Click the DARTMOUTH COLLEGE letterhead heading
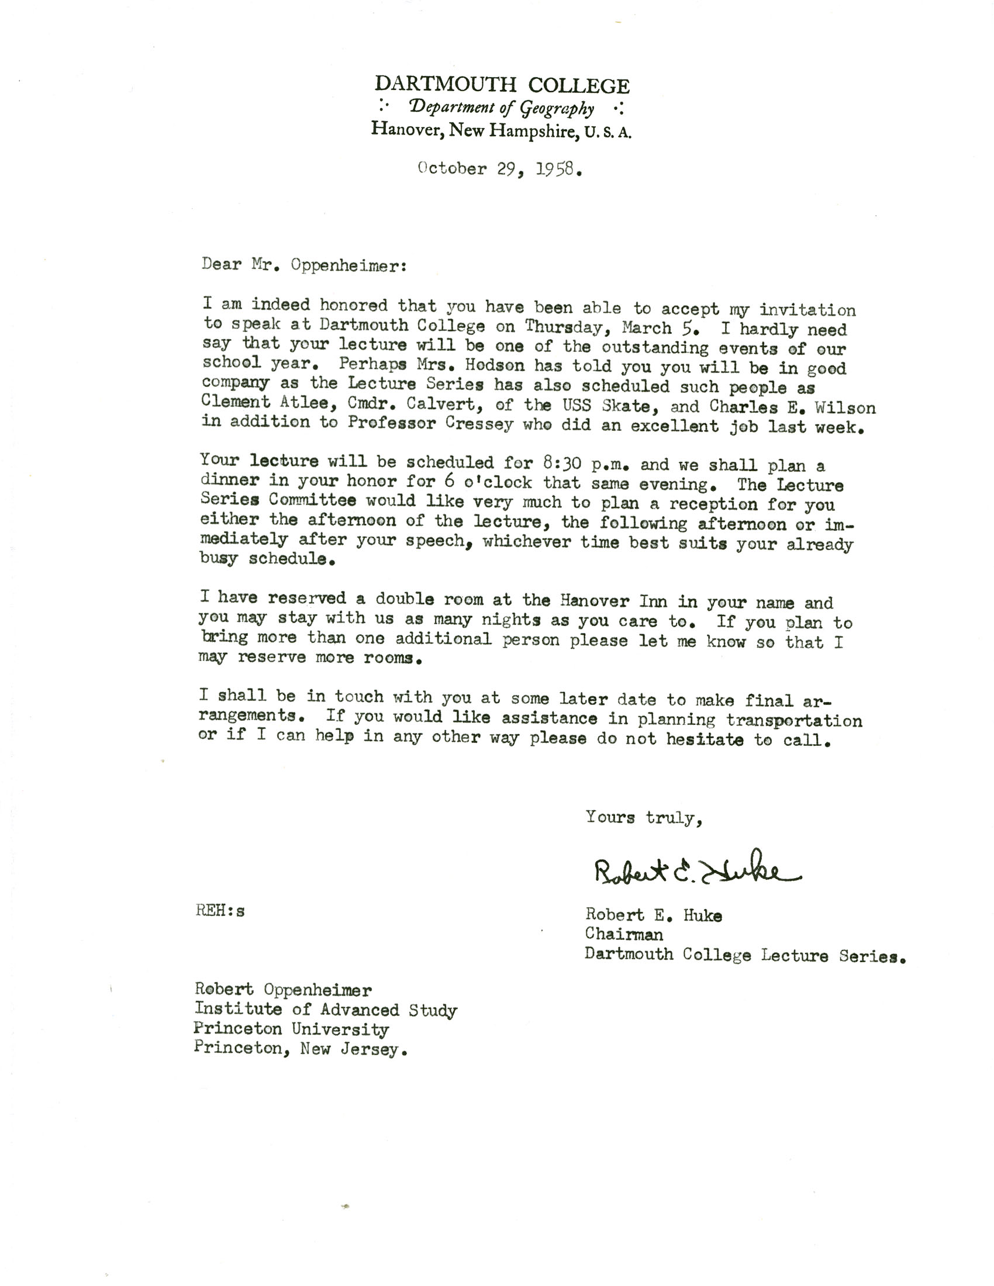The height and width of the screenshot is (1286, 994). pyautogui.click(x=502, y=85)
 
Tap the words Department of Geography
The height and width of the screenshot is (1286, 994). pyautogui.click(x=502, y=108)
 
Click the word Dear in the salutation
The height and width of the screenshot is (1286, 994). pyautogui.click(x=222, y=264)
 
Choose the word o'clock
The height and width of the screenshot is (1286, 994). pyautogui.click(x=498, y=483)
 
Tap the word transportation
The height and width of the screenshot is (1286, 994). pyautogui.click(x=794, y=720)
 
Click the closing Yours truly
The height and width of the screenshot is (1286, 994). pyautogui.click(x=644, y=817)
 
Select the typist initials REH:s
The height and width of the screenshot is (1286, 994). pyautogui.click(x=220, y=911)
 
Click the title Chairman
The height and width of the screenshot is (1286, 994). pyautogui.click(x=624, y=935)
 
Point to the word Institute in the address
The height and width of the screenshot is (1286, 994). pyautogui.click(x=238, y=1009)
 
